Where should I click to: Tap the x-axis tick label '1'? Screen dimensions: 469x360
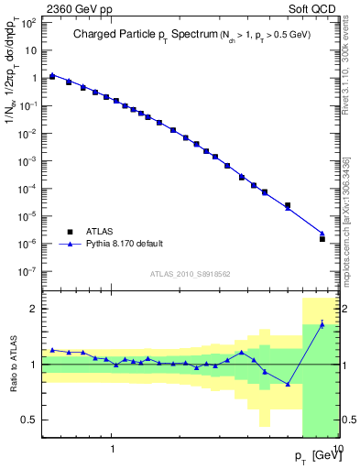[113, 450]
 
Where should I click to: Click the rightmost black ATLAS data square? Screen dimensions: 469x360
[322, 238]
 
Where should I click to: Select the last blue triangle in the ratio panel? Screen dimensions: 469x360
[322, 324]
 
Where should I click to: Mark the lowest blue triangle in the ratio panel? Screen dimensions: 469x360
[288, 384]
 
